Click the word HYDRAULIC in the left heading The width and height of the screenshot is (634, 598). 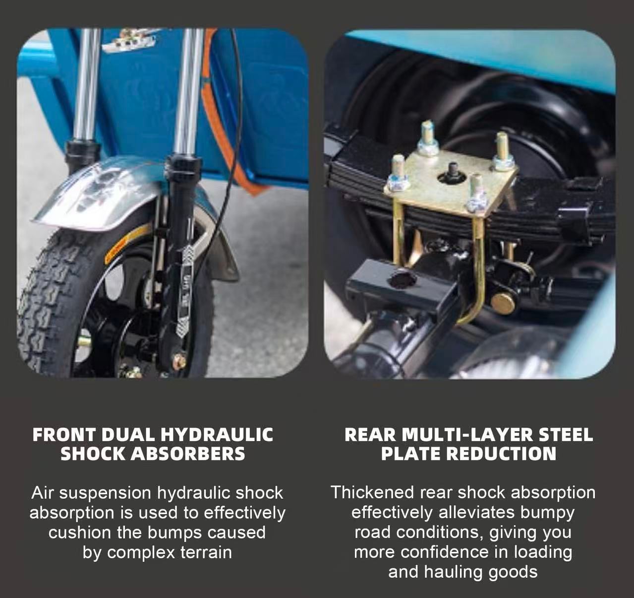click(x=217, y=435)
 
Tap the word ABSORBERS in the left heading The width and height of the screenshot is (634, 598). click(x=188, y=454)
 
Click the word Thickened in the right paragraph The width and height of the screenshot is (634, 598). click(x=373, y=492)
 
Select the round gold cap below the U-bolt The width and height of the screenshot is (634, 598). click(x=502, y=303)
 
